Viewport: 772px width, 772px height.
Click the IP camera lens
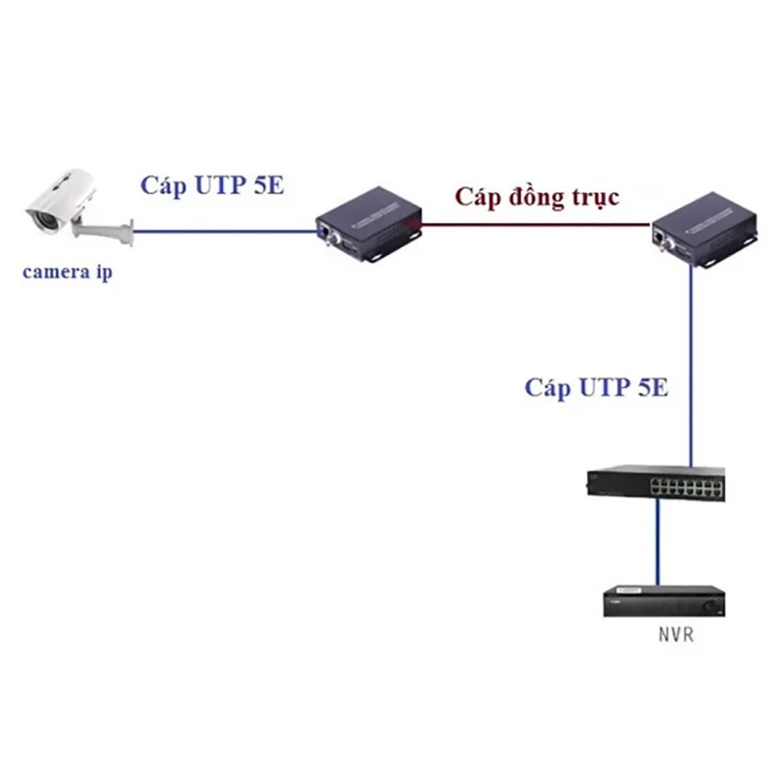click(x=40, y=219)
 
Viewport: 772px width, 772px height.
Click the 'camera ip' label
click(x=67, y=273)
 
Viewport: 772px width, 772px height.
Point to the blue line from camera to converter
click(x=224, y=229)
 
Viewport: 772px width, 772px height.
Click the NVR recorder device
click(x=665, y=601)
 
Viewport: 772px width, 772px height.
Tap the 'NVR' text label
click(x=675, y=636)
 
